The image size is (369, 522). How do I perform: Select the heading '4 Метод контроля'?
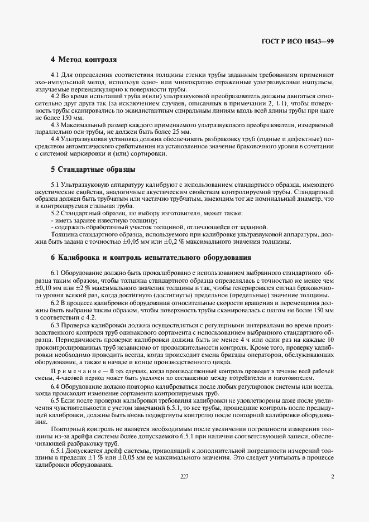pos(84,59)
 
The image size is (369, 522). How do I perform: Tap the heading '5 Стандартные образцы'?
pos(93,169)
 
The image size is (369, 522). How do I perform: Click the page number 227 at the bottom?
pos(185,476)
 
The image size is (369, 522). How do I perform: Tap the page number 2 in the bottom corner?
pos(332,476)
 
